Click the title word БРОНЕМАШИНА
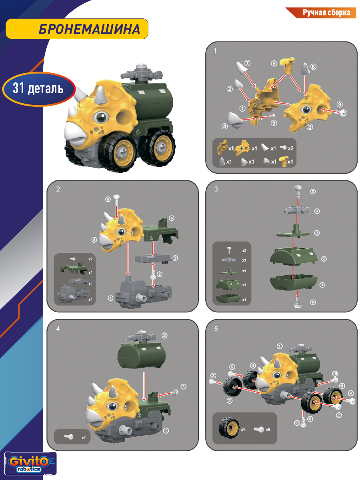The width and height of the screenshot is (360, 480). coord(89,29)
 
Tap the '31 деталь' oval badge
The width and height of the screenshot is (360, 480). coord(39,89)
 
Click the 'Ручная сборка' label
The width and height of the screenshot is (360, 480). coord(326,13)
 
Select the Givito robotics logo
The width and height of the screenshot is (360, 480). coord(30,463)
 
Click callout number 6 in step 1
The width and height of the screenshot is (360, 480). coord(274,64)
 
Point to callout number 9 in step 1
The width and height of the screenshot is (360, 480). coord(339,104)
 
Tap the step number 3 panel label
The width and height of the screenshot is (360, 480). coord(216,189)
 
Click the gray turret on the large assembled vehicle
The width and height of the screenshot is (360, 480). coord(142,74)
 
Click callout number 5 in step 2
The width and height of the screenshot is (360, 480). coord(172,218)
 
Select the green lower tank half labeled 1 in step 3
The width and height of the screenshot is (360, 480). coord(294,282)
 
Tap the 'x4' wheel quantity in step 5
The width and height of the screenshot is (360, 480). coord(243,430)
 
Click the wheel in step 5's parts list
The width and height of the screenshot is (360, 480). coord(229,428)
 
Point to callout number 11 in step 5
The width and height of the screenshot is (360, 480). coord(297,423)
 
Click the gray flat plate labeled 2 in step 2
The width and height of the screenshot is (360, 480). coord(153,259)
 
